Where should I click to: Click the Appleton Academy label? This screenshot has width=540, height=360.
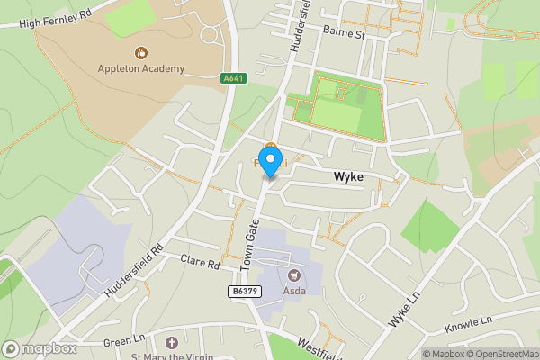click(x=141, y=68)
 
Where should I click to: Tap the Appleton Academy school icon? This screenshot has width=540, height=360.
click(x=141, y=53)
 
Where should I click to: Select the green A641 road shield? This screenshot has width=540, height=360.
click(x=232, y=79)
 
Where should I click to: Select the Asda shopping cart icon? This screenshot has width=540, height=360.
click(x=292, y=274)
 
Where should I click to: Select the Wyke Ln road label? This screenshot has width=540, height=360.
click(x=404, y=310)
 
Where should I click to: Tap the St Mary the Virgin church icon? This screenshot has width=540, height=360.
click(x=172, y=343)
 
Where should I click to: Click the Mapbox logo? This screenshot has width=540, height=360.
click(x=40, y=348)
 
